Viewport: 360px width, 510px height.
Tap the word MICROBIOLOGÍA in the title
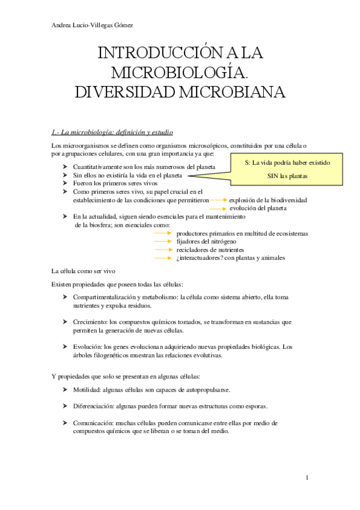click(179, 73)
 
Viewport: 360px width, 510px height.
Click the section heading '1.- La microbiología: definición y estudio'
click(113, 132)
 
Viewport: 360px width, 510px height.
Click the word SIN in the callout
click(275, 176)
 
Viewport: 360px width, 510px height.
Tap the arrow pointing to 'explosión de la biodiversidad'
click(219, 200)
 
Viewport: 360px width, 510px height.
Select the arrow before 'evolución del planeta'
click(219, 208)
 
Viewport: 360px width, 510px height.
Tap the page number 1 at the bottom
click(307, 478)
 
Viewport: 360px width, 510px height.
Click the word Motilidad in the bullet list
click(85, 390)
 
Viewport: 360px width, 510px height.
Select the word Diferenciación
click(93, 406)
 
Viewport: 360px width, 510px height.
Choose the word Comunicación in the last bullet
click(93, 423)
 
